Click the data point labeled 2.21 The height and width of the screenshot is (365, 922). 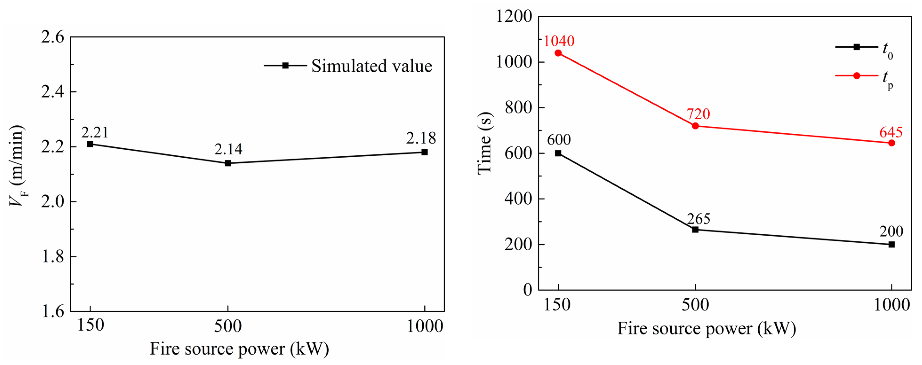pos(90,144)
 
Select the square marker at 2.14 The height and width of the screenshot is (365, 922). pos(228,163)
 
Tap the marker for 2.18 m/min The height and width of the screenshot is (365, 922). pos(424,152)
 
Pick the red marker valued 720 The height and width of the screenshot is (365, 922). pos(695,126)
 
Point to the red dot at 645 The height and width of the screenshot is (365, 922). pos(891,143)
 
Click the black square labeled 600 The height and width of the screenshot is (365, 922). pos(558,153)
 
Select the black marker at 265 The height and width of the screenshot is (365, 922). pos(695,229)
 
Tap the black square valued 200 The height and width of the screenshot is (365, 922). pos(891,245)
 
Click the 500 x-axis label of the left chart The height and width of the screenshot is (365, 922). pos(228,326)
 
